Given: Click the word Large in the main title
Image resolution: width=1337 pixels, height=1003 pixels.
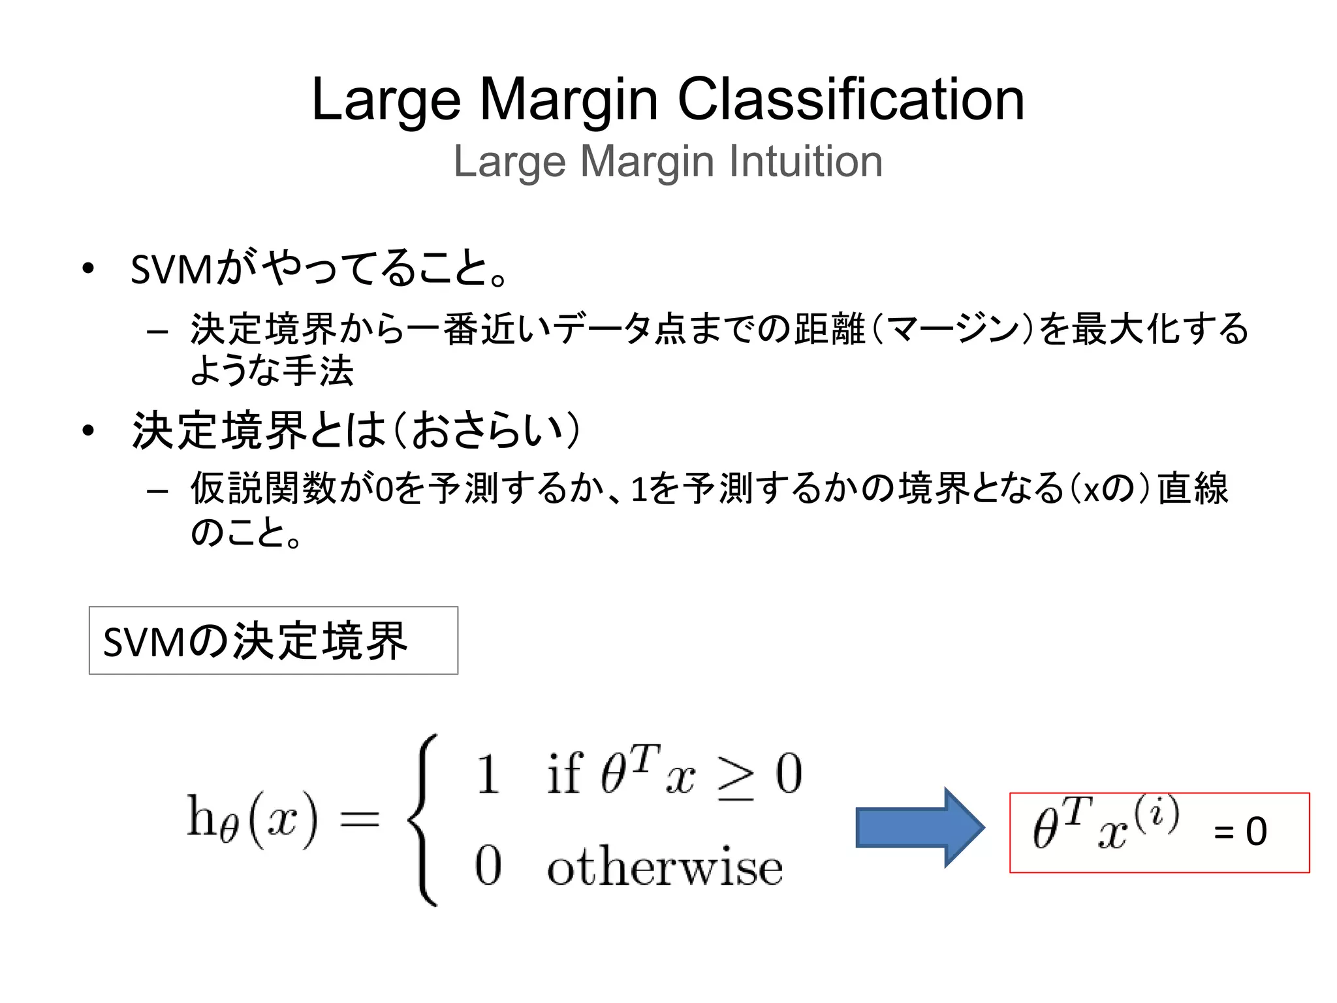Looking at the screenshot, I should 386,101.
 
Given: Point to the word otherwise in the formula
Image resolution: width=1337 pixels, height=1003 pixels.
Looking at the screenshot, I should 665,867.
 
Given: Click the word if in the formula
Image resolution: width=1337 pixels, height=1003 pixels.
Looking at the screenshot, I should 564,773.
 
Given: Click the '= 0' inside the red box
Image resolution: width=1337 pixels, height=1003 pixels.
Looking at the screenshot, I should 1240,831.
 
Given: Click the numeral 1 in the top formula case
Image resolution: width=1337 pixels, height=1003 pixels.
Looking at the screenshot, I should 488,774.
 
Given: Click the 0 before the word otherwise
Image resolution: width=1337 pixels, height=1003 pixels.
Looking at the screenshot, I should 488,866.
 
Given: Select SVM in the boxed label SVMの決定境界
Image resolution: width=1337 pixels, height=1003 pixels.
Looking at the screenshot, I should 144,642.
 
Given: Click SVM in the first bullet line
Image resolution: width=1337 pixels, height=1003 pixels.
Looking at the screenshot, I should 171,269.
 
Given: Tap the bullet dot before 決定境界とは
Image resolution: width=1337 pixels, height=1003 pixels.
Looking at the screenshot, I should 88,430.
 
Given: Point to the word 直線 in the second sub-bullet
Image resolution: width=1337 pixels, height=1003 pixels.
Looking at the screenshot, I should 1193,488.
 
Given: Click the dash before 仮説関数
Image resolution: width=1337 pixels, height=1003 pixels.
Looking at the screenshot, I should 157,490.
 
